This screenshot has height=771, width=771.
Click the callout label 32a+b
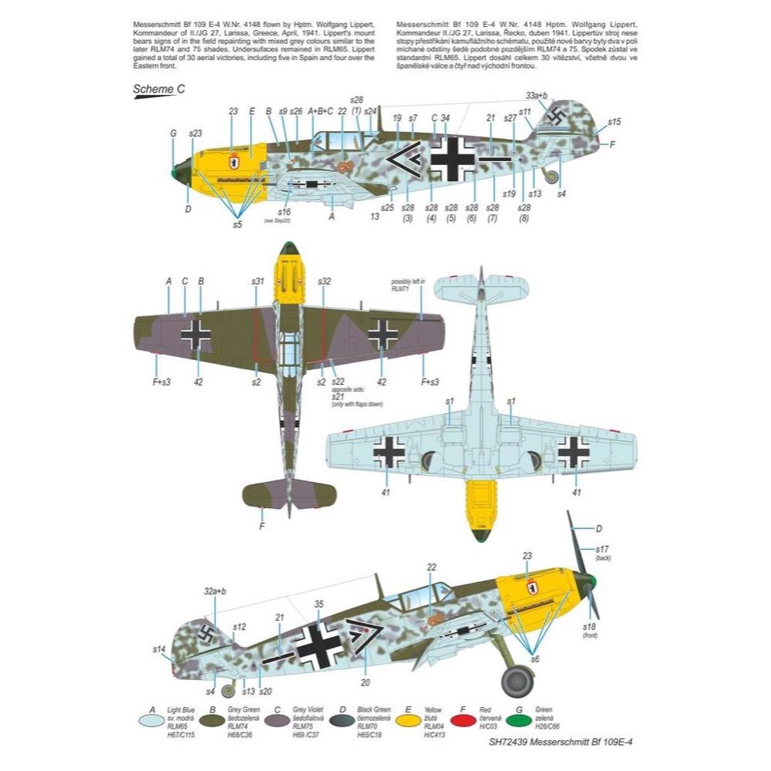pyautogui.click(x=215, y=591)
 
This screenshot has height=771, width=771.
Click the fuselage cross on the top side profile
pyautogui.click(x=453, y=157)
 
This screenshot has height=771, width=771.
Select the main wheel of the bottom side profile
pyautogui.click(x=516, y=681)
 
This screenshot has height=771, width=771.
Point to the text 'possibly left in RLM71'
pyautogui.click(x=409, y=286)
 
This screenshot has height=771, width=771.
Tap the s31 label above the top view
pyautogui.click(x=258, y=281)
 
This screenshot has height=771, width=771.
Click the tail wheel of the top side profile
pyautogui.click(x=550, y=176)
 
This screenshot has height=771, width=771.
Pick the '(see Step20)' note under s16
pyautogui.click(x=285, y=220)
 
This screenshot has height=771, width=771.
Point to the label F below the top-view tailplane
pyautogui.click(x=262, y=527)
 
